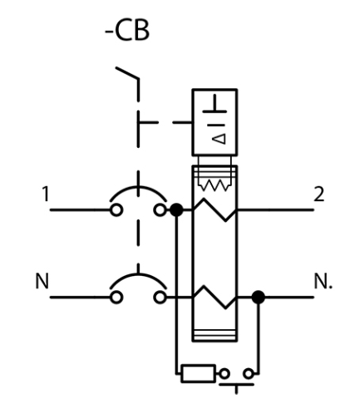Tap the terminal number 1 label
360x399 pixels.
pyautogui.click(x=46, y=194)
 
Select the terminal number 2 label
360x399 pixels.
pyautogui.click(x=318, y=195)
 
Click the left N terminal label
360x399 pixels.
pyautogui.click(x=42, y=281)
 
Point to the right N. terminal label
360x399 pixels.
pyautogui.click(x=323, y=281)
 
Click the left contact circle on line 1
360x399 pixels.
pyautogui.click(x=116, y=210)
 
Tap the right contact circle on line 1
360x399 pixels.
pyautogui.click(x=160, y=210)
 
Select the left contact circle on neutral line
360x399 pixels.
pyautogui.click(x=116, y=298)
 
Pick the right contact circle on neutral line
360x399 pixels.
pyautogui.click(x=160, y=298)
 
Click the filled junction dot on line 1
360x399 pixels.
pyautogui.click(x=176, y=210)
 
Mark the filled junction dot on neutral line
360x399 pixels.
pyautogui.click(x=259, y=298)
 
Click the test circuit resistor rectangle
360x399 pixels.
pyautogui.click(x=198, y=374)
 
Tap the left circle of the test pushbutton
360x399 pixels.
pyautogui.click(x=224, y=374)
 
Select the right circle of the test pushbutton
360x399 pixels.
pyautogui.click(x=249, y=374)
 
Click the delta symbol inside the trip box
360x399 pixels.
pyautogui.click(x=219, y=139)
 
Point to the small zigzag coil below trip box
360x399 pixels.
pyautogui.click(x=215, y=185)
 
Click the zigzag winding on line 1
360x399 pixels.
pyautogui.click(x=215, y=209)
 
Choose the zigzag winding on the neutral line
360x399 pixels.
pyautogui.click(x=215, y=297)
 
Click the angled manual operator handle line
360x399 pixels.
pyautogui.click(x=127, y=73)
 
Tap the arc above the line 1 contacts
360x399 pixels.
pyautogui.click(x=138, y=188)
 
